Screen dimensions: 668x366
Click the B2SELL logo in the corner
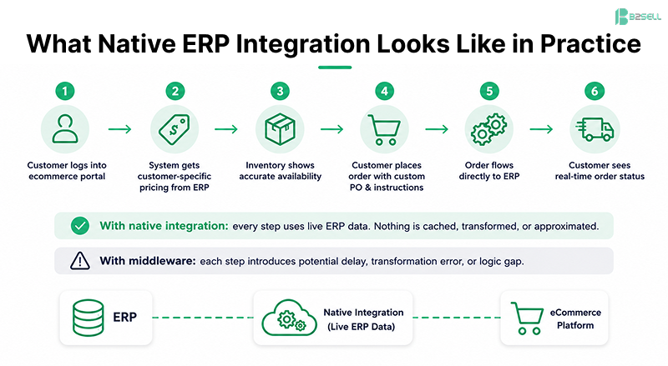click(638, 17)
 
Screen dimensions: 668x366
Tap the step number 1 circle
click(65, 91)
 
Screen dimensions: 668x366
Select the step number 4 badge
click(384, 91)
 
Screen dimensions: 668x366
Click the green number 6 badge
click(595, 91)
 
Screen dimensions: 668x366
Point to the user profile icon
click(65, 129)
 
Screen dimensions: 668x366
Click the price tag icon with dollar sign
click(175, 129)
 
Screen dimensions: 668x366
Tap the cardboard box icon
click(280, 129)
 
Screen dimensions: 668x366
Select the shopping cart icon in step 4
click(384, 130)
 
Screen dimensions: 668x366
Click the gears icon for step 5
click(489, 129)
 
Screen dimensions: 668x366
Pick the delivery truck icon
click(595, 129)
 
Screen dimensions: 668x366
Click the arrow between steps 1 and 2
click(119, 129)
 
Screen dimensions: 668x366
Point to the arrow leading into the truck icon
click(541, 129)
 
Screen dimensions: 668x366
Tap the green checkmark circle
click(80, 226)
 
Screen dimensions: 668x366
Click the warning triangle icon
click(80, 261)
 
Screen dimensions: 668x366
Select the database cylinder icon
click(89, 318)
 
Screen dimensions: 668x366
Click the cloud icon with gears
click(289, 318)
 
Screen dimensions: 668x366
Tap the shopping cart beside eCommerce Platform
click(527, 318)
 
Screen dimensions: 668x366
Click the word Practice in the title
click(590, 43)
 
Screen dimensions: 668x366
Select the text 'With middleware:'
click(148, 261)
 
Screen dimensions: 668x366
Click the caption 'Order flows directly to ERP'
click(489, 171)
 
